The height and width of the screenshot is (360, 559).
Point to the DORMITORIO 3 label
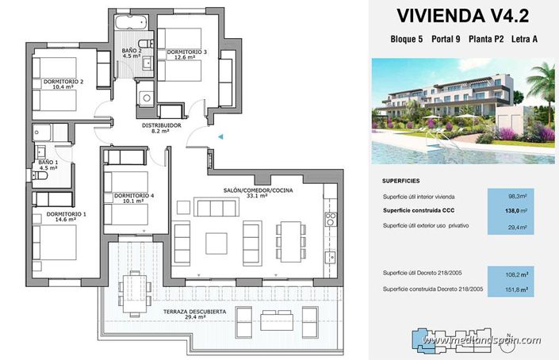[x=186, y=53]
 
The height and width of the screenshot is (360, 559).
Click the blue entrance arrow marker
[x=221, y=137]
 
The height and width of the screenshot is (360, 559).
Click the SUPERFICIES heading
[x=400, y=180]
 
